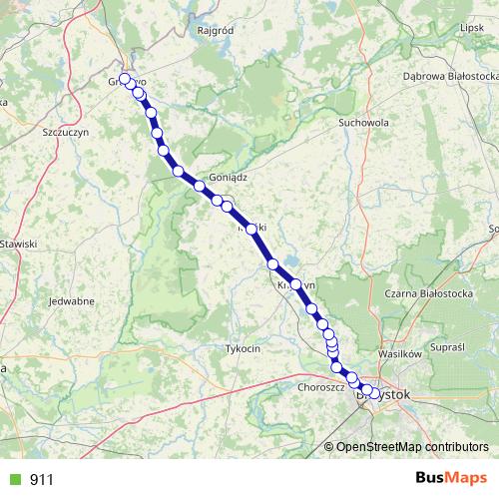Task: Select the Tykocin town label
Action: coord(243,349)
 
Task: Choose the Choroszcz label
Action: coord(320,387)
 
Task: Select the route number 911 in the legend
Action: coord(41,480)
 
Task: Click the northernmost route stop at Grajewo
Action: coord(125,79)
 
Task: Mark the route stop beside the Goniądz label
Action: coord(200,186)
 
